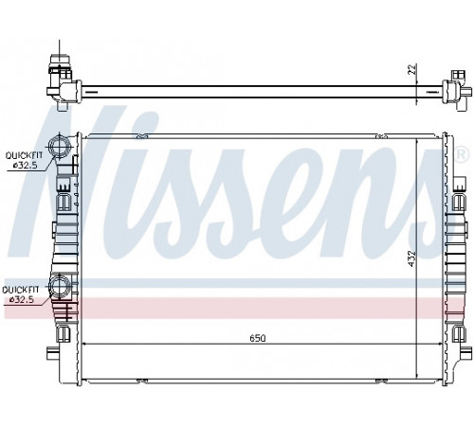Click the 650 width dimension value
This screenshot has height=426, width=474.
pyautogui.click(x=258, y=338)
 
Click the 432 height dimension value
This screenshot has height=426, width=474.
pyautogui.click(x=410, y=258)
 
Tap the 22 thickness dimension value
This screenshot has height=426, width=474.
pyautogui.click(x=412, y=69)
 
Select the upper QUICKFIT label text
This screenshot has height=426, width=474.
pyautogui.click(x=24, y=155)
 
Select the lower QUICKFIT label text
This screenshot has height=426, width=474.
pyautogui.click(x=21, y=290)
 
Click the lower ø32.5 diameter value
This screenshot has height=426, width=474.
pyautogui.click(x=22, y=300)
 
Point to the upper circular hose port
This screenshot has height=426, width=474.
pyautogui.click(x=58, y=146)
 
